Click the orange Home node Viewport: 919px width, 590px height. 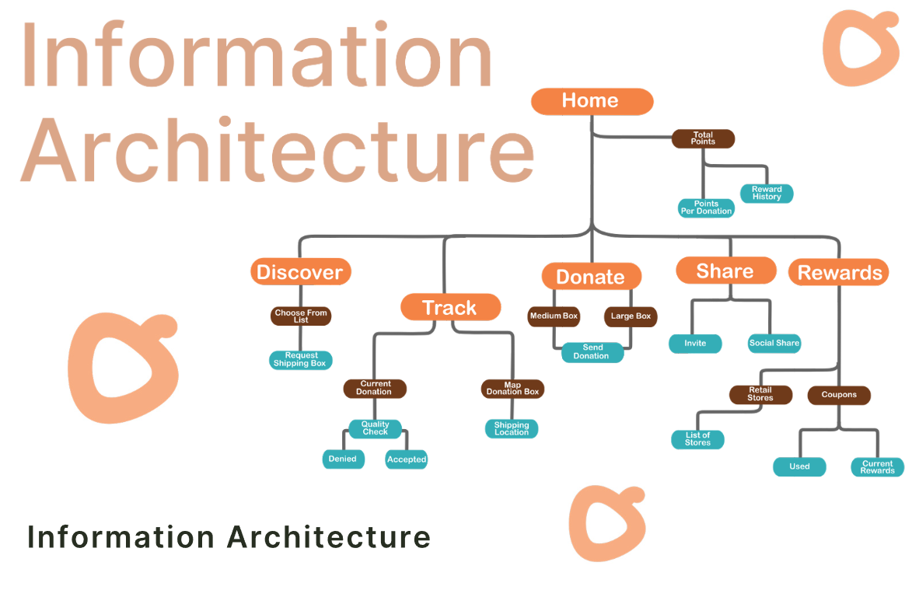tap(592, 101)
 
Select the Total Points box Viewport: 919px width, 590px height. tap(703, 138)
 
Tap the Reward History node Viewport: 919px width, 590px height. tap(767, 194)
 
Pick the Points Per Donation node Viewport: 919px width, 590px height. tap(706, 208)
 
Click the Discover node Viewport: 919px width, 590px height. tap(300, 272)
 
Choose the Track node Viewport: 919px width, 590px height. tap(450, 307)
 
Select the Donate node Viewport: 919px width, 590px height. tap(591, 277)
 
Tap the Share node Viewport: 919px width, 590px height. tap(725, 271)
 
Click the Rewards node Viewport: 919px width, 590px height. tap(839, 272)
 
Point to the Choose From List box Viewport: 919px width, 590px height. tap(301, 316)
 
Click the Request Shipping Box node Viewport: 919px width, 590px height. tap(300, 360)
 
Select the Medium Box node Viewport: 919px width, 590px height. tap(554, 316)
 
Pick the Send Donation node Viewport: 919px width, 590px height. tap(592, 352)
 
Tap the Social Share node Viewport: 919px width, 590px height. tap(774, 343)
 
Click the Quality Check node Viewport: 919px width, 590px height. tap(375, 428)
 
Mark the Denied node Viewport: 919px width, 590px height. tap(342, 459)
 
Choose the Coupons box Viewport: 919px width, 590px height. tap(839, 395)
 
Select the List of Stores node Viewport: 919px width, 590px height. tap(697, 439)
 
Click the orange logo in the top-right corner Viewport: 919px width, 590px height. tap(860, 48)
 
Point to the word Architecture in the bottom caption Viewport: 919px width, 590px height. tap(329, 538)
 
